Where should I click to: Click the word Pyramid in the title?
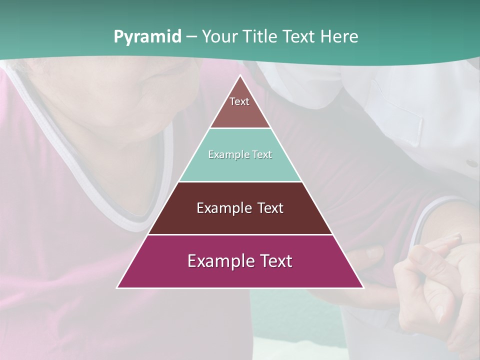pyautogui.click(x=147, y=37)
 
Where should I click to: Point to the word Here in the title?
pyautogui.click(x=339, y=37)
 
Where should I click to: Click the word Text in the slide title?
pyautogui.click(x=299, y=37)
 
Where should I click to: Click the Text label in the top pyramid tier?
pyautogui.click(x=239, y=101)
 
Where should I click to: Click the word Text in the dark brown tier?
pyautogui.click(x=270, y=208)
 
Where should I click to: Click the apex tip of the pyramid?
pyautogui.click(x=240, y=75)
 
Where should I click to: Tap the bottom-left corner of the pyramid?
pyautogui.click(x=117, y=287)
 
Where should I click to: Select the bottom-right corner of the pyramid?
pyautogui.click(x=363, y=287)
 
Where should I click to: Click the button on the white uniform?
pyautogui.click(x=471, y=163)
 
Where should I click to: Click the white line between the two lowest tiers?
pyautogui.click(x=240, y=234)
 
